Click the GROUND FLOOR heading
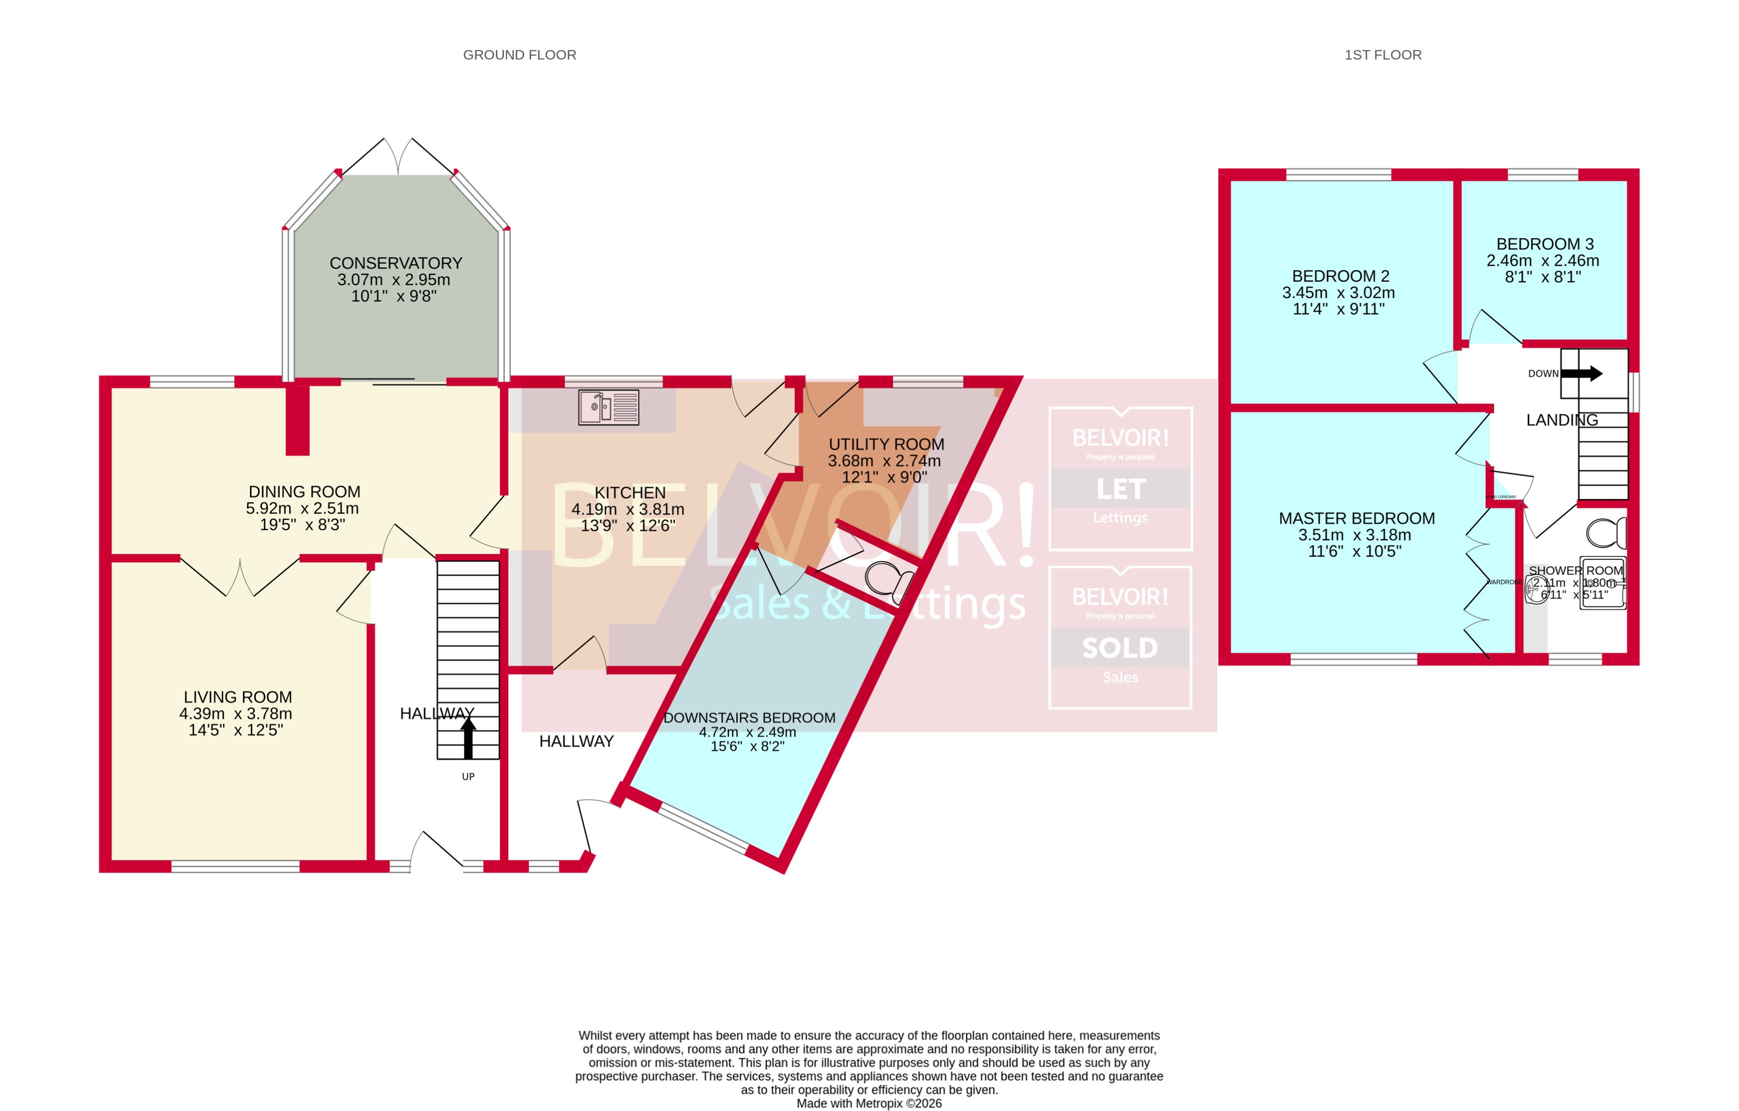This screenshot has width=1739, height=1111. (519, 55)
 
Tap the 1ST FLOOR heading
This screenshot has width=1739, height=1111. (1382, 55)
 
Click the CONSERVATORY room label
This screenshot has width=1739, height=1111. (396, 263)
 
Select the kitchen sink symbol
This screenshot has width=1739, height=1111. (609, 407)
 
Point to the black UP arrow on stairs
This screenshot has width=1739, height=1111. (468, 739)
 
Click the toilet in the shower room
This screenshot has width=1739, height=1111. (1607, 533)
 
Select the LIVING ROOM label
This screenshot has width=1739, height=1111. (237, 697)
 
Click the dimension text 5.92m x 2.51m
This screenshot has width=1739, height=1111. (302, 509)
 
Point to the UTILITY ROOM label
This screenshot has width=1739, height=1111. (886, 444)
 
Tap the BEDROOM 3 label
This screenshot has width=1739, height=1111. (1544, 244)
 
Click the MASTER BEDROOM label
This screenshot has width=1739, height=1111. (1356, 519)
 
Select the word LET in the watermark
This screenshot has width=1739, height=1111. (1120, 489)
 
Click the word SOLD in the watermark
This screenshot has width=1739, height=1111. (1119, 648)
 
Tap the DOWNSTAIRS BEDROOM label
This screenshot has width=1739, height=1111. (749, 718)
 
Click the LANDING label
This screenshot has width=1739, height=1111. (1561, 420)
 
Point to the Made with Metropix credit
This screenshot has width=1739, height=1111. (869, 1103)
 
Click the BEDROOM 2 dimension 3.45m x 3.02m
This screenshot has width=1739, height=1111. (1338, 293)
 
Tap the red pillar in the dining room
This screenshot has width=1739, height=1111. (297, 419)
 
